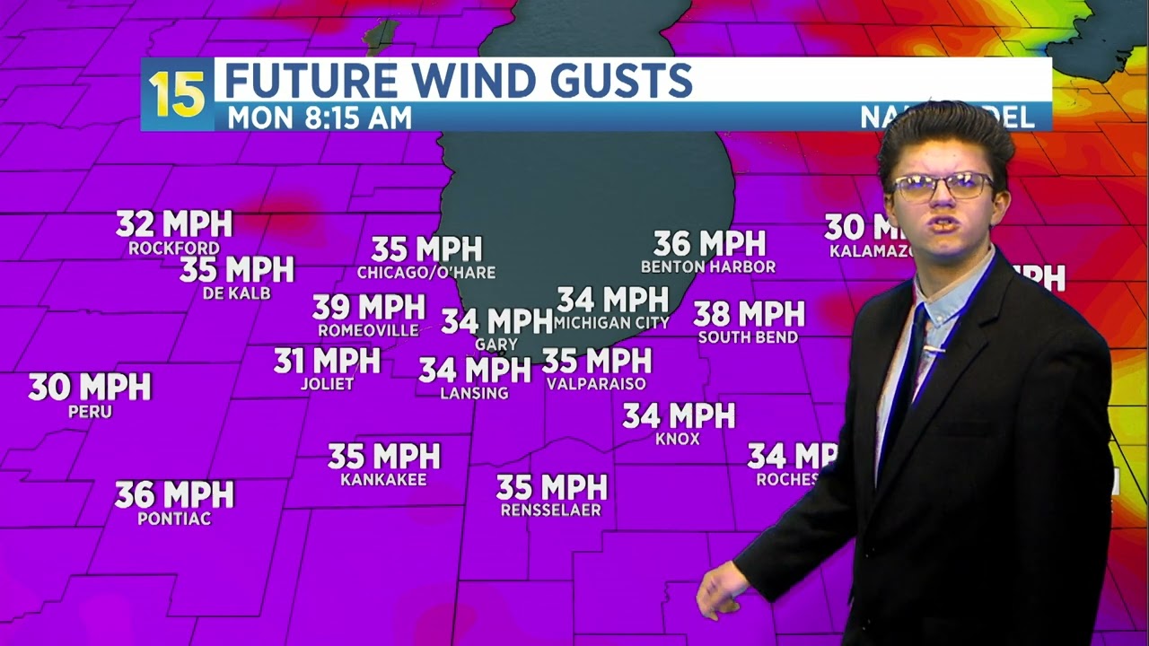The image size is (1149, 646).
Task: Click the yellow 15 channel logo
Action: click(x=177, y=94)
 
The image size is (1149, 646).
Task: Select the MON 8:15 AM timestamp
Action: click(x=320, y=118)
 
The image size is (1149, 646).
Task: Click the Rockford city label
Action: click(x=174, y=249)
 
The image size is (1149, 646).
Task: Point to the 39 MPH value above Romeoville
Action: click(x=368, y=308)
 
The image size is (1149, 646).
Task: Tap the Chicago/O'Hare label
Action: click(x=426, y=273)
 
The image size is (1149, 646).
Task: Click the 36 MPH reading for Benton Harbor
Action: click(x=709, y=243)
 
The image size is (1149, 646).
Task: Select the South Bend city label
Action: click(x=748, y=338)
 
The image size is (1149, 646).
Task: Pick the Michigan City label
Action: click(x=611, y=323)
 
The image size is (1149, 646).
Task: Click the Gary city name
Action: click(x=496, y=345)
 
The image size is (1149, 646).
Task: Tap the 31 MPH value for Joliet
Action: click(x=327, y=361)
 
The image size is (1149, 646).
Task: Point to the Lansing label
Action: click(x=474, y=393)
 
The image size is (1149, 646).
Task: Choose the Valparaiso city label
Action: click(x=596, y=384)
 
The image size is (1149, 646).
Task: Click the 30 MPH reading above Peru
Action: click(x=90, y=388)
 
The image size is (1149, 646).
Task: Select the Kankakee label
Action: click(x=383, y=480)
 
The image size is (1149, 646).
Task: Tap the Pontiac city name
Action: click(x=174, y=519)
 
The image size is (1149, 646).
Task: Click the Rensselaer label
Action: click(x=551, y=511)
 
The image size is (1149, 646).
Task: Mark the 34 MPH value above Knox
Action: click(x=679, y=415)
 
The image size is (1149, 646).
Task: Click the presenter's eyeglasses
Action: click(x=943, y=186)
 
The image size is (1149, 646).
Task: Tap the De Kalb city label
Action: click(x=237, y=293)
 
